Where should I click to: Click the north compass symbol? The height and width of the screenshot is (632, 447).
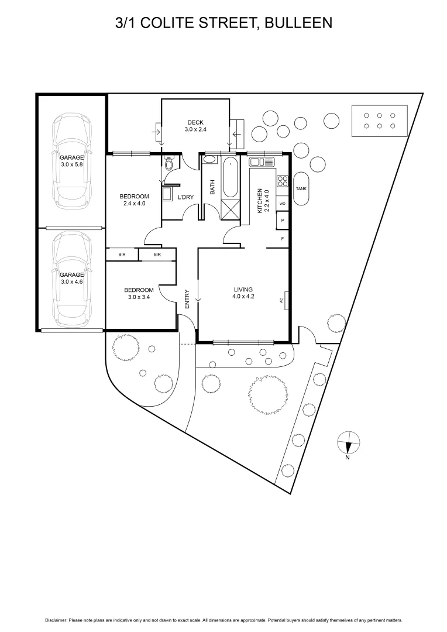(348, 442)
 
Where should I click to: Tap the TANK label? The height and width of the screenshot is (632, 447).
(301, 189)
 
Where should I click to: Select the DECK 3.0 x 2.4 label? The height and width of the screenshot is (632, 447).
(195, 126)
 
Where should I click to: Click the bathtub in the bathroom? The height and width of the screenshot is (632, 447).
(229, 177)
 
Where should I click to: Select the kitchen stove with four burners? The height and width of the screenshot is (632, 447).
(283, 182)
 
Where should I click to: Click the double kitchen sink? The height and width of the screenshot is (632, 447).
(262, 162)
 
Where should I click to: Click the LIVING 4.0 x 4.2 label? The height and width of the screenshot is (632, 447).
(243, 293)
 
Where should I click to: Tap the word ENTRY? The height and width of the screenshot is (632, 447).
(187, 299)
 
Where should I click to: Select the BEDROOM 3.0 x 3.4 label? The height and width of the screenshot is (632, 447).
(139, 294)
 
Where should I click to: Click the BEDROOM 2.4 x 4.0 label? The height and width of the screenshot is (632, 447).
(135, 200)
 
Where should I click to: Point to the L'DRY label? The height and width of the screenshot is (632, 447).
(185, 197)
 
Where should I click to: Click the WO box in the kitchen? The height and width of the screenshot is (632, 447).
(283, 204)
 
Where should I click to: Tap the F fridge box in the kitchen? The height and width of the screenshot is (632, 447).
(283, 239)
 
